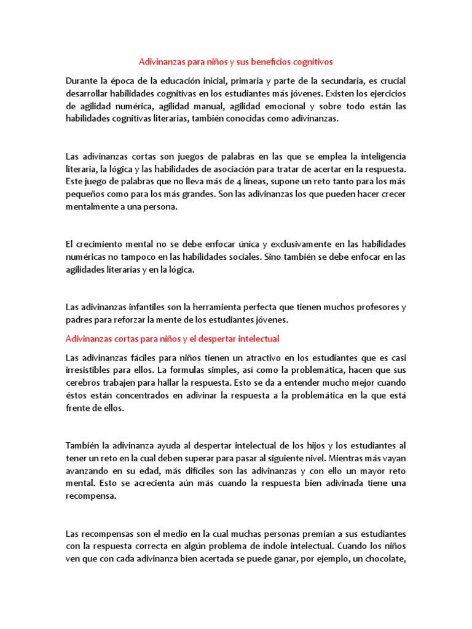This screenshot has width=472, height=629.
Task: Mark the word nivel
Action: point(312,458)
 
